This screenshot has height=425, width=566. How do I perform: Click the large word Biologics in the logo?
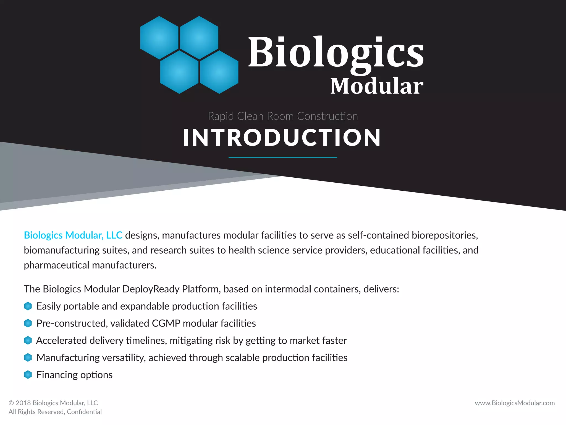point(336,53)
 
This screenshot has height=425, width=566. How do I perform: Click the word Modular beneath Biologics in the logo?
point(377,86)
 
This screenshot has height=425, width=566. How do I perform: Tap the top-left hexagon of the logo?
point(159,38)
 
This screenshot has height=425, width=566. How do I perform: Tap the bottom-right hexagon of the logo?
point(219,72)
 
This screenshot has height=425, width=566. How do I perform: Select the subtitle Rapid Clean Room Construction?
point(283,116)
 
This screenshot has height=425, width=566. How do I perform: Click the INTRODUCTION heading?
point(282,138)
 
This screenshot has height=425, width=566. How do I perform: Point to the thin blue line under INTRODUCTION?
point(283,157)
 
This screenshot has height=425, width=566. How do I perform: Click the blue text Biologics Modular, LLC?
point(73,235)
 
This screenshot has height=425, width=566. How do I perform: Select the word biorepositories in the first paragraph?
point(445,235)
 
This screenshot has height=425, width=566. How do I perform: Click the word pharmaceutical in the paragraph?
point(56,265)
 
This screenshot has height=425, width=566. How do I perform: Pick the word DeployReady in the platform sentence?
point(151,289)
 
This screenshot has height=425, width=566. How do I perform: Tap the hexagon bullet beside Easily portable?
point(28,306)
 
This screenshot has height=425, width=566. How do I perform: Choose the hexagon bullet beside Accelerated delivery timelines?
point(28,340)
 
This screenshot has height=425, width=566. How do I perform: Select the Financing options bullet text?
point(74,375)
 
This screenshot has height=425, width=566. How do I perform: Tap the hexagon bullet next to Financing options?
point(28,375)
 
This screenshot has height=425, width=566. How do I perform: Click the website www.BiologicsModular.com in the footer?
point(515,403)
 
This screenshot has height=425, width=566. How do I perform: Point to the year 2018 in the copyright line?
point(23,403)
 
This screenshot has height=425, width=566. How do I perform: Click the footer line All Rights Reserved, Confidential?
point(55,412)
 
